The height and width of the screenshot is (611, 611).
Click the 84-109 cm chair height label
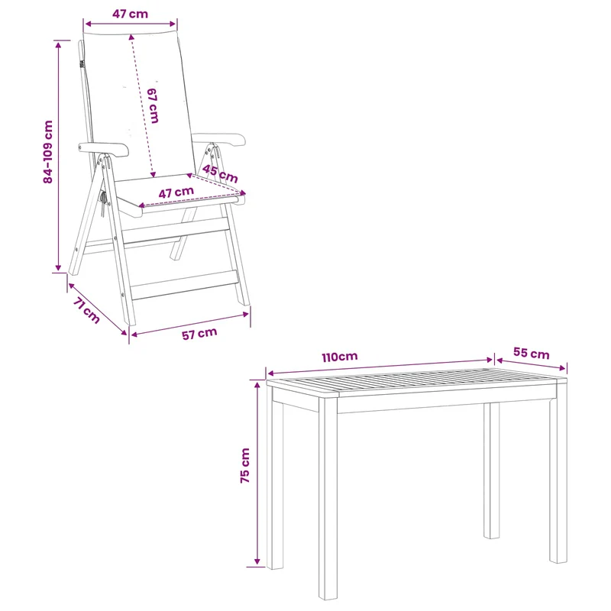coord(48,152)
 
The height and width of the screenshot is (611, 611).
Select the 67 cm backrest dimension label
coord(153,106)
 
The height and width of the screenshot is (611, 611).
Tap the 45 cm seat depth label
coord(220,174)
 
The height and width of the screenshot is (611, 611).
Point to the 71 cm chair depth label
coord(86,310)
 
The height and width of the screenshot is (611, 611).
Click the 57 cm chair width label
coord(199,334)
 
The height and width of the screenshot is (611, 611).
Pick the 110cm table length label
coord(340,357)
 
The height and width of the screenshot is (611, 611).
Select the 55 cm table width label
coord(531,353)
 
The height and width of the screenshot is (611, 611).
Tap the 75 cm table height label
coord(244,466)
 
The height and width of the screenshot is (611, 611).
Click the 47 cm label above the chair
coord(130,14)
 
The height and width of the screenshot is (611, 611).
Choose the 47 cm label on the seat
coord(176,192)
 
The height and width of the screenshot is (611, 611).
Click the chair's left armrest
coord(103,149)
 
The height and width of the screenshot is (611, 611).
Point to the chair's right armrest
coord(220,139)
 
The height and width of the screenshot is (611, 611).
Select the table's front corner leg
coord(328,499)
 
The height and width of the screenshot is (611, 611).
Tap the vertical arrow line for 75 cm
coord(257,473)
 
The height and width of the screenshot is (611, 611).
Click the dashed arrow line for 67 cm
coord(142,106)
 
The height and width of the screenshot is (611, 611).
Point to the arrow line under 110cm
coord(380,367)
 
